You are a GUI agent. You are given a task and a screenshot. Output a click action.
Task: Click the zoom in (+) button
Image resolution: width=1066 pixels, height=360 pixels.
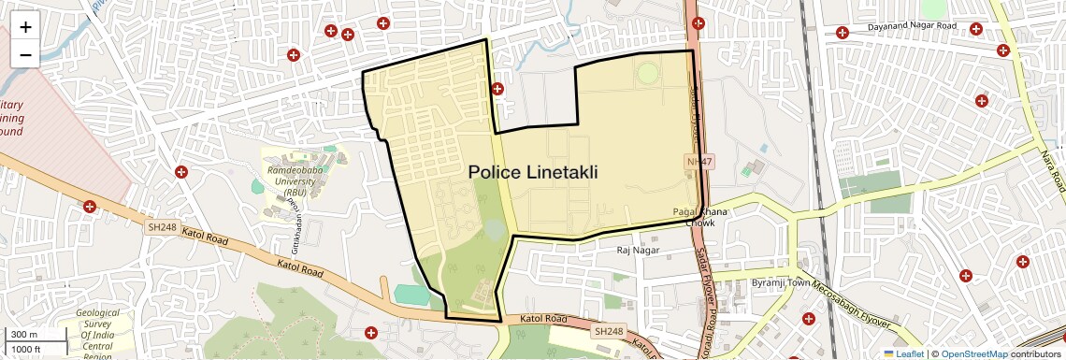pyautogui.click(x=25, y=27)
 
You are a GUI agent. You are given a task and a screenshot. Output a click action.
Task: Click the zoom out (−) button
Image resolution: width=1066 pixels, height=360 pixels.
pyautogui.click(x=25, y=54)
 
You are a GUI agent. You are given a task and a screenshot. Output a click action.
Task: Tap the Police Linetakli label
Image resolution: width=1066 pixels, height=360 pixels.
pyautogui.click(x=532, y=172)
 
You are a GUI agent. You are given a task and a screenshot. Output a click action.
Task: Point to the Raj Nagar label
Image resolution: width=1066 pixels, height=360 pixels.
pyautogui.click(x=639, y=250)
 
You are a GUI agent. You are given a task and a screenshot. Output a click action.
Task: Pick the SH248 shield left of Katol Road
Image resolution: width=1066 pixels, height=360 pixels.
pyautogui.click(x=163, y=226)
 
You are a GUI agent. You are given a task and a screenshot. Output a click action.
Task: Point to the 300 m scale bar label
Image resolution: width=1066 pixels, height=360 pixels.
pyautogui.click(x=24, y=335)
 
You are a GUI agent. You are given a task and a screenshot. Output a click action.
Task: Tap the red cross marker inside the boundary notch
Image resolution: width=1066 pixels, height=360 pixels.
pyautogui.click(x=497, y=89)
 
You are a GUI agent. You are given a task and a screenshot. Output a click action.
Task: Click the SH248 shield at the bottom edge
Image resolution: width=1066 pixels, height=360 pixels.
pyautogui.click(x=609, y=331)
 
